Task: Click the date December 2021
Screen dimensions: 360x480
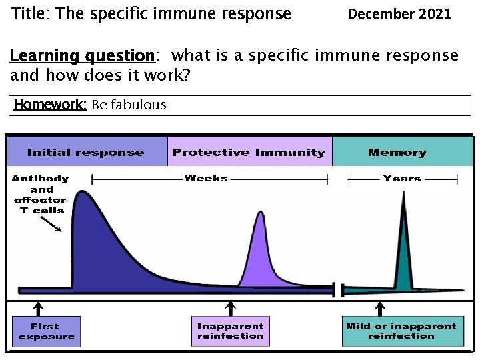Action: click(x=399, y=13)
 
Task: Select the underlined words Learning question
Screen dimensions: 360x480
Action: click(x=82, y=55)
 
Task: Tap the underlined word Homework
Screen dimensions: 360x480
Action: click(x=50, y=105)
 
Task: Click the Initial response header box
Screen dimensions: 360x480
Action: click(x=86, y=152)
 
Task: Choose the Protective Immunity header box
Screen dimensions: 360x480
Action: click(x=249, y=152)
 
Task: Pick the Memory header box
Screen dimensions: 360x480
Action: click(x=397, y=152)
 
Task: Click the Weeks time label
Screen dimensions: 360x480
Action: click(x=206, y=178)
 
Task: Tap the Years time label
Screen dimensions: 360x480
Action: click(x=402, y=178)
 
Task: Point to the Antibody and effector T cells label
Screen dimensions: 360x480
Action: click(x=39, y=194)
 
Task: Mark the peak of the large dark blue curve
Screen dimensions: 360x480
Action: click(x=82, y=193)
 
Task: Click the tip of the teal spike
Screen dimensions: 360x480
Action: click(x=403, y=193)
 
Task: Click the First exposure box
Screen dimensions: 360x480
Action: click(x=45, y=331)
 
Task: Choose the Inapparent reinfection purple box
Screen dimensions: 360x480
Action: click(x=230, y=331)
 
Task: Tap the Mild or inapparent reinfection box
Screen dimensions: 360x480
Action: click(x=401, y=331)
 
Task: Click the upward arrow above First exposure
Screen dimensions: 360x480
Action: click(x=39, y=307)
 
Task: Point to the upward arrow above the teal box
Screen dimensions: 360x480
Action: click(x=381, y=307)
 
